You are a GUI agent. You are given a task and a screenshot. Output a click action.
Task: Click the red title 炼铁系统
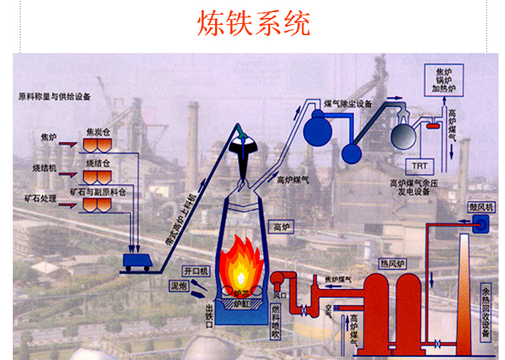253,24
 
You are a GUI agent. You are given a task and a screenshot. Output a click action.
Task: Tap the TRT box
420,166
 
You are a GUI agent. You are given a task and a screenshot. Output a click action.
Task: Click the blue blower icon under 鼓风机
480,223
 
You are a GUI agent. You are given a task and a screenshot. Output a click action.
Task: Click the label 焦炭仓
100,132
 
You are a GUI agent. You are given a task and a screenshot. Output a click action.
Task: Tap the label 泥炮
178,284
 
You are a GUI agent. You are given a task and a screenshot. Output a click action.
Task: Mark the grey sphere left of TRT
405,136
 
